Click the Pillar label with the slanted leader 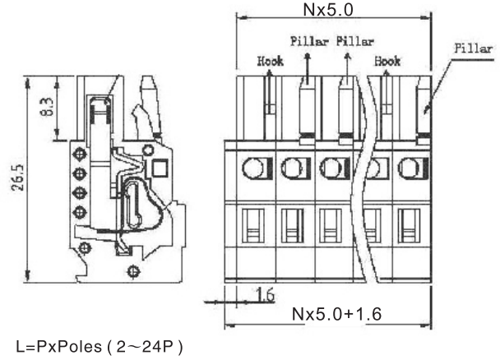click(x=475, y=48)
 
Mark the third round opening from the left click(x=331, y=169)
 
